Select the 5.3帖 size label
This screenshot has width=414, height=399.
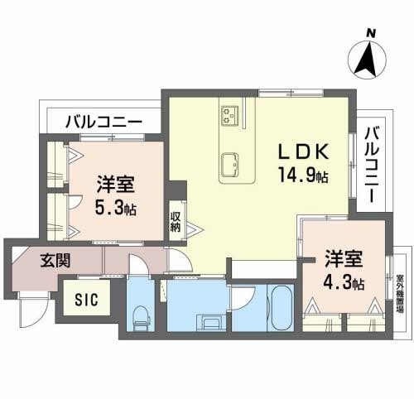tap(115, 207)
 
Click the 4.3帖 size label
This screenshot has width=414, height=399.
tap(344, 282)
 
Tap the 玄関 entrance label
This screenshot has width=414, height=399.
tap(54, 260)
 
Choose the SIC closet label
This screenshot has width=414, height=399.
tap(86, 300)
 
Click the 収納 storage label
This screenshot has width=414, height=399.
tap(176, 221)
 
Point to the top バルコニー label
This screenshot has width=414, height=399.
tap(103, 122)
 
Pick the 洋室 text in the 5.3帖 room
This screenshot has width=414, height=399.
tap(115, 184)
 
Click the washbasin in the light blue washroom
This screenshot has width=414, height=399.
tap(205, 321)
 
